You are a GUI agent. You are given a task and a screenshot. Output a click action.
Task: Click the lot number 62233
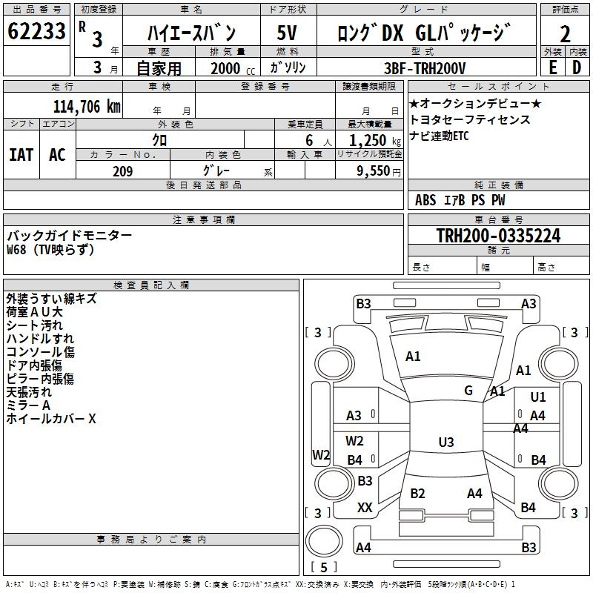(36, 33)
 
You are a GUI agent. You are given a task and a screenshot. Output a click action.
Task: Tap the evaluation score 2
(565, 34)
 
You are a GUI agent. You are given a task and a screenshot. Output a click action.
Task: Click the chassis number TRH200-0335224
(498, 236)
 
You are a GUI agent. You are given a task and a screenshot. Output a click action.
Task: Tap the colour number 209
(122, 171)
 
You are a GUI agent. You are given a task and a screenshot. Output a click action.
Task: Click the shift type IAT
(21, 154)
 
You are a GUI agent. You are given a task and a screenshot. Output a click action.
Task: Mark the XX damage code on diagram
(365, 508)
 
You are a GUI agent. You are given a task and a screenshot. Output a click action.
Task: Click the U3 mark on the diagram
(445, 443)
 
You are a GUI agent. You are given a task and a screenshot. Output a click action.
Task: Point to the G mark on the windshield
(468, 390)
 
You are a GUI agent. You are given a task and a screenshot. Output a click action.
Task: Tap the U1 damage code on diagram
(538, 397)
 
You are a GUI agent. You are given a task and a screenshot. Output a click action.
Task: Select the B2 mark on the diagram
(417, 494)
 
